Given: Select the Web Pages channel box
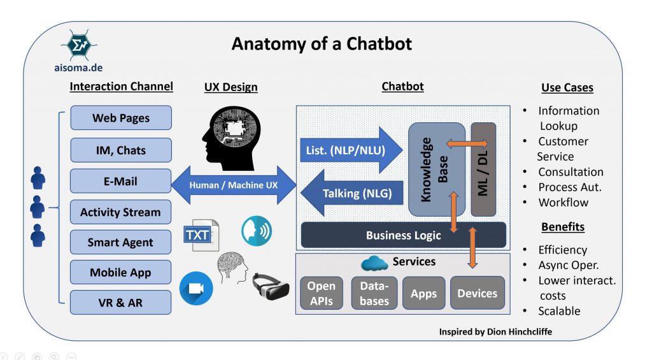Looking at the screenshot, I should [x=121, y=118].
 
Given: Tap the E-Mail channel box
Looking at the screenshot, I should [x=121, y=181].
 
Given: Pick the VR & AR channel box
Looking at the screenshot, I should [x=121, y=303].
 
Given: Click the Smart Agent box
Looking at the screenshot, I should [x=121, y=242].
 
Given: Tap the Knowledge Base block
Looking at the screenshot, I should [x=436, y=169].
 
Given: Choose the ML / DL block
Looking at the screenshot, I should [x=483, y=169].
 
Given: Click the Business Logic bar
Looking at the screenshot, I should [x=403, y=235].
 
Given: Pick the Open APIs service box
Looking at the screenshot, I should [x=322, y=293].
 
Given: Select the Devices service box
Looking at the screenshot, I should [x=477, y=293].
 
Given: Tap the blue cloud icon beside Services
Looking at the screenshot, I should [x=374, y=263].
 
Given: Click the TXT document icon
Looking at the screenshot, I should [x=201, y=234].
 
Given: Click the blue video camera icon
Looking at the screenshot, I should [x=196, y=289].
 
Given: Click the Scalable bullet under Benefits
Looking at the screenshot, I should [x=559, y=311].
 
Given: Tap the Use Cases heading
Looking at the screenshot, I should [x=567, y=87].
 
